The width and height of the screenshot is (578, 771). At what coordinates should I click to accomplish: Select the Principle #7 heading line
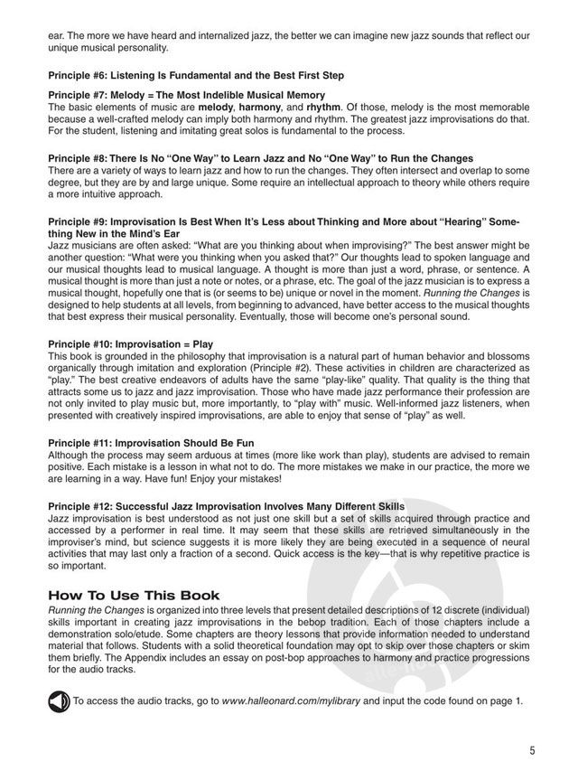(186, 95)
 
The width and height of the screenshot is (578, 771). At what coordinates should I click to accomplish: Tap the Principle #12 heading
(226, 504)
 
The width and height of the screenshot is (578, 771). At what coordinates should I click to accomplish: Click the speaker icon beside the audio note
(59, 700)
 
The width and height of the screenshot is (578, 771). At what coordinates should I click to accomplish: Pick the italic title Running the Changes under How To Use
(93, 611)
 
